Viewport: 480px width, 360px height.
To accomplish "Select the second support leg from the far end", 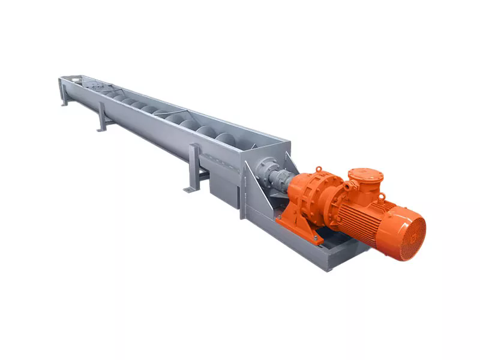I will pos(102,118).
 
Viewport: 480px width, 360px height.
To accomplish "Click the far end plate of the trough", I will pos(71,80).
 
